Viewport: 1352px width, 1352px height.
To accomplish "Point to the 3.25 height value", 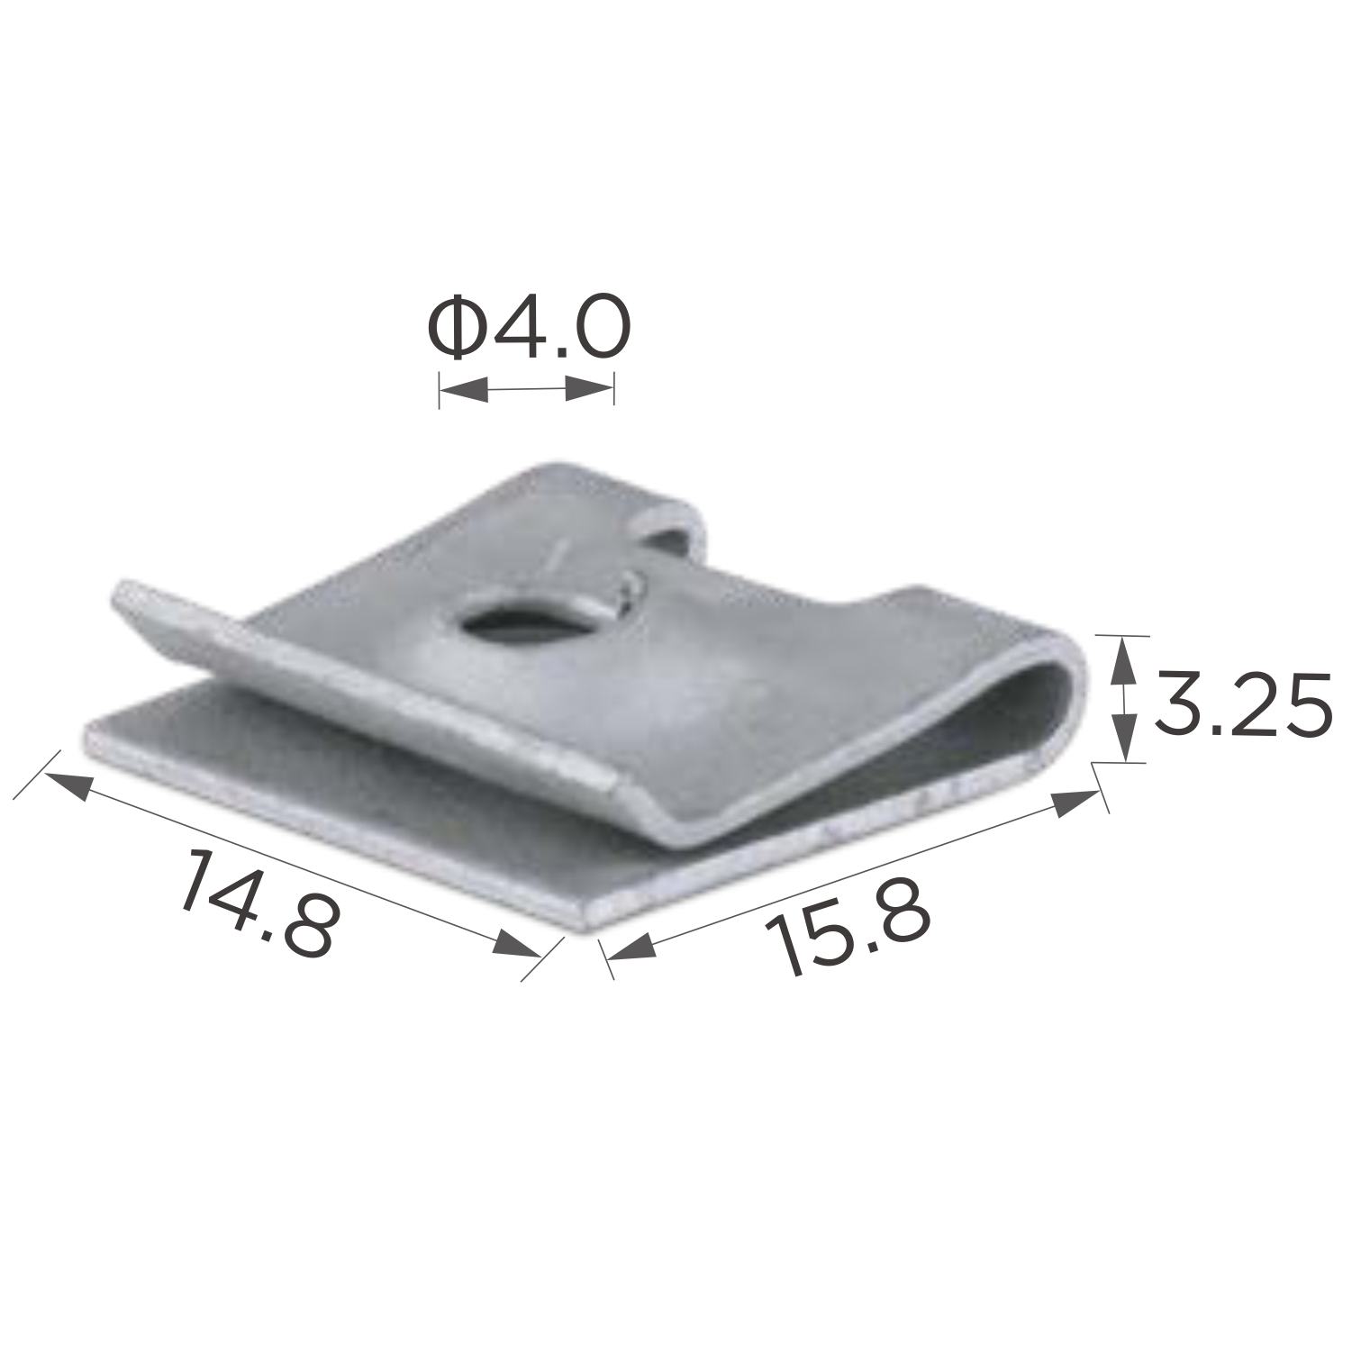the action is (x=1242, y=703).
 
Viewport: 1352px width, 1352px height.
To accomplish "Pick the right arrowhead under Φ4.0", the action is (x=590, y=390).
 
